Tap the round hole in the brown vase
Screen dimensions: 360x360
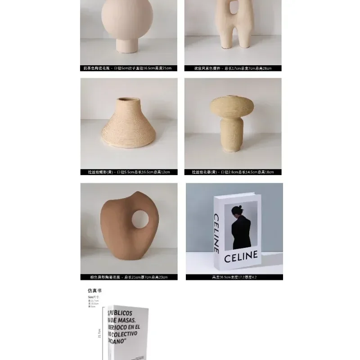point(140,219)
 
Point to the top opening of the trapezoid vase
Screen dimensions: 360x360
point(128,100)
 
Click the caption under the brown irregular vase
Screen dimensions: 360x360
point(129,277)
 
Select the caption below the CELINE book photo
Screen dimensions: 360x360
point(234,277)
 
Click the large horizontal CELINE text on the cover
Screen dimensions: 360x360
point(241,257)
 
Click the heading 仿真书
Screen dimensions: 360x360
point(94,291)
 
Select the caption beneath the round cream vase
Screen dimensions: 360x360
point(129,68)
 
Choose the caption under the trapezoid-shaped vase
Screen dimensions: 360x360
point(129,172)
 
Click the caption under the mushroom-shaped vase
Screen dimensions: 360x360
point(233,172)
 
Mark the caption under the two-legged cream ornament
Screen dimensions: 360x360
point(233,68)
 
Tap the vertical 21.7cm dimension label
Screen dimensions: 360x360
point(99,333)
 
